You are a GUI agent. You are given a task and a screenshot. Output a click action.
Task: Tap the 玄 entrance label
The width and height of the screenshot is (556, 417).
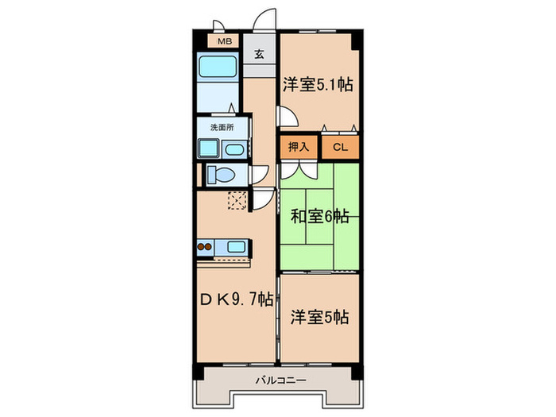click(x=260, y=55)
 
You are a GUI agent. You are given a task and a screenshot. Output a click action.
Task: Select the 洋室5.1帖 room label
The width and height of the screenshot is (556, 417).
click(x=317, y=84)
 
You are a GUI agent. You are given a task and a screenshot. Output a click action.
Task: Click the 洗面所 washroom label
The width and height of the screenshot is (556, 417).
click(x=222, y=126)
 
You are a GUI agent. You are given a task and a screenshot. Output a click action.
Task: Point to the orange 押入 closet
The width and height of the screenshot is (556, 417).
click(x=299, y=146)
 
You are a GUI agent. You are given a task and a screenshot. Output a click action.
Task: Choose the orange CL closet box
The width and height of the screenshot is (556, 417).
click(x=340, y=146)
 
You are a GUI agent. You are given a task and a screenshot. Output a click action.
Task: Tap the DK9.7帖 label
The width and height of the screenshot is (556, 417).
click(x=237, y=300)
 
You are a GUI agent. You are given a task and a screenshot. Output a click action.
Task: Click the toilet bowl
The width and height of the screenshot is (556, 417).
click(x=222, y=174)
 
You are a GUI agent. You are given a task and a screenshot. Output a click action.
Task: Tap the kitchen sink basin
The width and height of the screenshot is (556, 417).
click(x=237, y=246)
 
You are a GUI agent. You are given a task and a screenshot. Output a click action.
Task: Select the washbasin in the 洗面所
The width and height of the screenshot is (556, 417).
click(x=235, y=149)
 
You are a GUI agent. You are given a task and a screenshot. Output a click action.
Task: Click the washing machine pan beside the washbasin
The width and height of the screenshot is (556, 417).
click(x=209, y=149)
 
